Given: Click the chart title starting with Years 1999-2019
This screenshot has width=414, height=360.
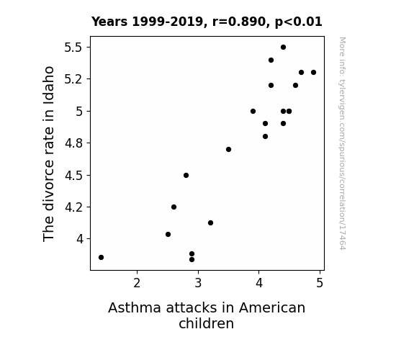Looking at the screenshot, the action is click(207, 22).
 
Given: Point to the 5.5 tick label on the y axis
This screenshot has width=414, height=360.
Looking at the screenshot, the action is click(73, 48).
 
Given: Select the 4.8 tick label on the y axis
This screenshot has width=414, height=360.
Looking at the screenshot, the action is click(73, 143).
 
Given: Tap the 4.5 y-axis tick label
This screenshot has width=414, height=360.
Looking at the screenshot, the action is click(73, 176).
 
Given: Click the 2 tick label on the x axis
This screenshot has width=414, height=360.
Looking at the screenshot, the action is click(137, 283).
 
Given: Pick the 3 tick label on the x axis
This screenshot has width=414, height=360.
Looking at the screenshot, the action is click(198, 283).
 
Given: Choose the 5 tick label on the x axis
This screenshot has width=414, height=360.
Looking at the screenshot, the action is click(320, 283).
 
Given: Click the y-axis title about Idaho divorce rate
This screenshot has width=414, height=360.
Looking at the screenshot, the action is click(48, 153).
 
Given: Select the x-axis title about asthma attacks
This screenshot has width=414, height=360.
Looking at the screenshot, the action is click(207, 315).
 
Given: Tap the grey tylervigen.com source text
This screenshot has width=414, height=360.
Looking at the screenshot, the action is click(342, 143).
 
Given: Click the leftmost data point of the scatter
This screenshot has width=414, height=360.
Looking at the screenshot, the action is click(101, 257).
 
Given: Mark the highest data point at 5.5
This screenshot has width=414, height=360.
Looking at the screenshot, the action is click(283, 48).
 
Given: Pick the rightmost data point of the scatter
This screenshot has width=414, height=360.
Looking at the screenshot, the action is click(313, 73).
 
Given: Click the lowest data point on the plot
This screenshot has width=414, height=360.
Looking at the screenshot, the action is click(192, 260).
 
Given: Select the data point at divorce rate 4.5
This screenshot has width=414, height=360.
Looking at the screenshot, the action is click(186, 176).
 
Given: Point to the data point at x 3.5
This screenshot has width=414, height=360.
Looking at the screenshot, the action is click(229, 150).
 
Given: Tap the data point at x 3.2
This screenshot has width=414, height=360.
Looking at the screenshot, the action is click(210, 223).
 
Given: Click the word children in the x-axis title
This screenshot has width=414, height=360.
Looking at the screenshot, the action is click(206, 323).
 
